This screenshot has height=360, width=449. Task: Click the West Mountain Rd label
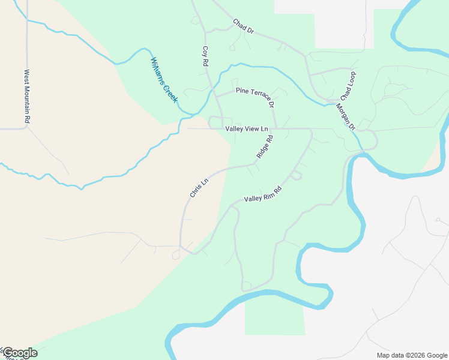27,96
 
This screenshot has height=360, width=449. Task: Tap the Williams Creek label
164,80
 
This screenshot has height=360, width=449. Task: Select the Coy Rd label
205,56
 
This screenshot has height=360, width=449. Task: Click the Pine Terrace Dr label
255,96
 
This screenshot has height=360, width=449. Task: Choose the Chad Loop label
348,86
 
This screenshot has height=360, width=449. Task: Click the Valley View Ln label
246,129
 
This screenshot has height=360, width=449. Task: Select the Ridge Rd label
265,146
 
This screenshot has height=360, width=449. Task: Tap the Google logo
19,353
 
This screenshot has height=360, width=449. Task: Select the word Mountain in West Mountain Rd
27,97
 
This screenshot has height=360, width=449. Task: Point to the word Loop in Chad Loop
351,81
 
